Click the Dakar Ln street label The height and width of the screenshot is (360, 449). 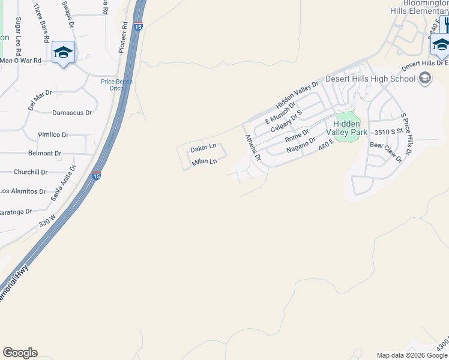[x=203, y=147]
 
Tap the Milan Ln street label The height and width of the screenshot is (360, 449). [x=203, y=162]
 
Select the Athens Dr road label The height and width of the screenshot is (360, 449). [x=253, y=148]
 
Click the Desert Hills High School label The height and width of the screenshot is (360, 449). [x=370, y=79]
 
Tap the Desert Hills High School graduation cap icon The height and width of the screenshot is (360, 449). [x=425, y=78]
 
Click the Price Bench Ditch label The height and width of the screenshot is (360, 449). [x=116, y=85]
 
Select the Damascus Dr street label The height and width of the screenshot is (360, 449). [x=72, y=112]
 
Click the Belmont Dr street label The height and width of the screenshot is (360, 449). [x=45, y=153]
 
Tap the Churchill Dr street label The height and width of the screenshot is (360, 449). [x=31, y=172]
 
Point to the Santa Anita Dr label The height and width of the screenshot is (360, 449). [x=64, y=182]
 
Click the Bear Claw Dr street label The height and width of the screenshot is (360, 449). [x=385, y=152]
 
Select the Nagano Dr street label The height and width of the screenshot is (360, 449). [x=301, y=145]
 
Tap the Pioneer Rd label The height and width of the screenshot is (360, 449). [x=124, y=38]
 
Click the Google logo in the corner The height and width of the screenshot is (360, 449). [x=20, y=353]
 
